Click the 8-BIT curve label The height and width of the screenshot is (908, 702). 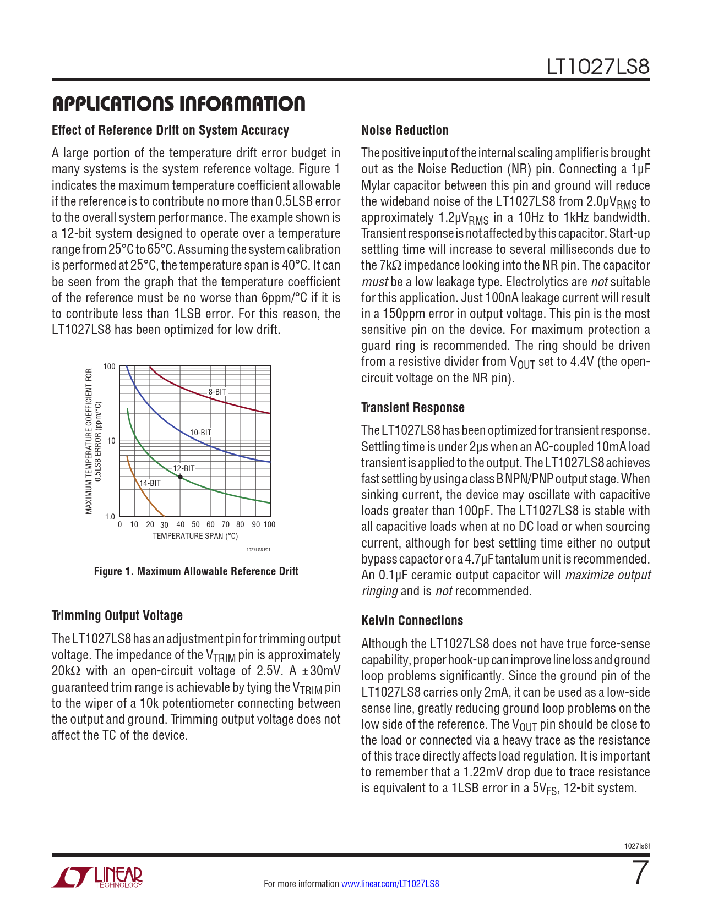coord(217,392)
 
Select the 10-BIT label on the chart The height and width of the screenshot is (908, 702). coord(201,433)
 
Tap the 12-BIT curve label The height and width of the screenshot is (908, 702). coord(184,468)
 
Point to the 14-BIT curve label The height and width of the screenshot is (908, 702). coord(150,483)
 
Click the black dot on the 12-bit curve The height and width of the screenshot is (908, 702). coord(181,477)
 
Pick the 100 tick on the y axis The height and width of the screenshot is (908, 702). coord(110,367)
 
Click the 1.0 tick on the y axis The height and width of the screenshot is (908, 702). coord(110,517)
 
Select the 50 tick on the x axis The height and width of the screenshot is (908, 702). coord(195,524)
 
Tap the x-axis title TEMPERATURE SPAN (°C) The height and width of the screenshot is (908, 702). coord(195,536)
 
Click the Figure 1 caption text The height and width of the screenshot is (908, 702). coord(196,571)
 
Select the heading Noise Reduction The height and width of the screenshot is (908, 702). coord(405,130)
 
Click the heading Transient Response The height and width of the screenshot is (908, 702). coord(413,408)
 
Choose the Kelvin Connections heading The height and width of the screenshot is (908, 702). coord(412,621)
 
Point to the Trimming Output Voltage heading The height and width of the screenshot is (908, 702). coord(117,616)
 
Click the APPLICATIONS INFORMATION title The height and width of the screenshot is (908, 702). coord(178,103)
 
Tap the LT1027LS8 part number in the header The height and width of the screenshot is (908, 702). coord(598,67)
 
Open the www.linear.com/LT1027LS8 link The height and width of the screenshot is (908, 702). coord(390,884)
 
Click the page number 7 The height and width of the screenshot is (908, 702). coord(640,873)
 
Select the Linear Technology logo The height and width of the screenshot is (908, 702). coord(97,877)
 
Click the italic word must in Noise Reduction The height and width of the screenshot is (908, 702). coord(374,282)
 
